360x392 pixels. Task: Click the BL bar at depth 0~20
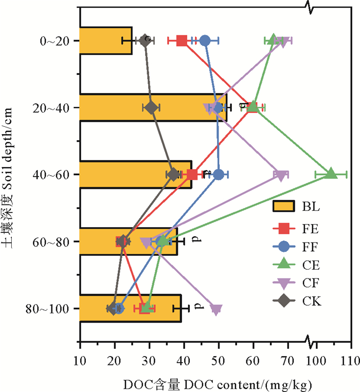[x=105, y=41]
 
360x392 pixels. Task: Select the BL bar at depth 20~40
[x=153, y=107]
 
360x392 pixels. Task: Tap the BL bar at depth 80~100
[x=130, y=308]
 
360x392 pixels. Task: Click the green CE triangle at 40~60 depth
[x=331, y=174]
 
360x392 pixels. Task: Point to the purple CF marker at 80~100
[x=216, y=309]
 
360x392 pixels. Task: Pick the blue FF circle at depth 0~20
[x=205, y=41]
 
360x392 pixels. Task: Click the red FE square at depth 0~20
[x=182, y=41]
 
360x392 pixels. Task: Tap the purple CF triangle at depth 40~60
[x=281, y=176]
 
